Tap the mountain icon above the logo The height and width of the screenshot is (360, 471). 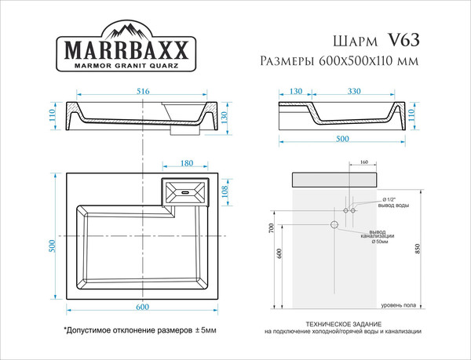point(125,31)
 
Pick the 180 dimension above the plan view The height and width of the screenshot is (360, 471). point(187,164)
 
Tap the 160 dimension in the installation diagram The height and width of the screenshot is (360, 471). point(364,162)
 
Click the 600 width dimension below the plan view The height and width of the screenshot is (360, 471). point(141,307)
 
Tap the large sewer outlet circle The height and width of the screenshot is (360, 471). point(334,225)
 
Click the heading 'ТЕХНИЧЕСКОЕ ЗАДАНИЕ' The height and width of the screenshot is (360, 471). point(343,324)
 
